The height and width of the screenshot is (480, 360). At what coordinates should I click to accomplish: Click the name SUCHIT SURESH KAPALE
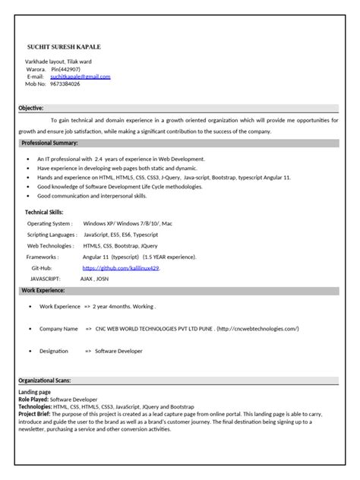point(64,47)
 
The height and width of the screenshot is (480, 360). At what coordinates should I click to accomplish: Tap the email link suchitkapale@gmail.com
point(80,77)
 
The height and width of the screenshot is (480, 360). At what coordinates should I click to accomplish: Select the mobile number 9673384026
point(65,84)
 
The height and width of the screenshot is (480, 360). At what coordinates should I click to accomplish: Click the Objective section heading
point(31,109)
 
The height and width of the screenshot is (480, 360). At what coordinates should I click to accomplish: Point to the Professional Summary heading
point(49,143)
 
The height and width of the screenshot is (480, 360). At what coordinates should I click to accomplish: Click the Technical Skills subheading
point(45,212)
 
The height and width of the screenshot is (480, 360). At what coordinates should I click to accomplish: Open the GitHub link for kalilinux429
point(122,268)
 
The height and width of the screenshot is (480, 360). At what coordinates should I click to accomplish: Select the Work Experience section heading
point(43,290)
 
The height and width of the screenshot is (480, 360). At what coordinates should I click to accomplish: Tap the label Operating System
point(50,224)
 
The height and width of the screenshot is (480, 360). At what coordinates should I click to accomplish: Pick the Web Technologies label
point(51,246)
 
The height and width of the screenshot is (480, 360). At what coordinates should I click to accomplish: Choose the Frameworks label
point(42,257)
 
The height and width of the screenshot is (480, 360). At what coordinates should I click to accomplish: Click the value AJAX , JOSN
point(98,279)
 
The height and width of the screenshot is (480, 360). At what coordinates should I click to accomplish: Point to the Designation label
point(54,351)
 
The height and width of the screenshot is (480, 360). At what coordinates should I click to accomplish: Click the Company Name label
point(58,329)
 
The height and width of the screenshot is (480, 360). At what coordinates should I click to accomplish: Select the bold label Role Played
point(33,399)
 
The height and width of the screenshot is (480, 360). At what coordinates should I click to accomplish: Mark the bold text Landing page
point(34,392)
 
